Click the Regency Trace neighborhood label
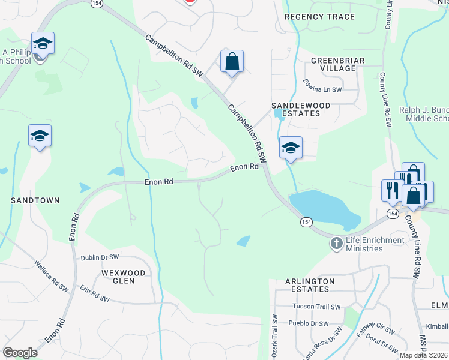pyautogui.click(x=319, y=17)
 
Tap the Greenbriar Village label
pyautogui.click(x=333, y=64)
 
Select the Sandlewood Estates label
pyautogui.click(x=301, y=109)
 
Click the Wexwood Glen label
pyautogui.click(x=124, y=277)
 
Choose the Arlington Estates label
pyautogui.click(x=310, y=285)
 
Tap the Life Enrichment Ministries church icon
pyautogui.click(x=336, y=244)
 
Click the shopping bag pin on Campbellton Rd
pyautogui.click(x=232, y=62)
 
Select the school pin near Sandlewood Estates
pyautogui.click(x=291, y=148)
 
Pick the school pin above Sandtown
pyautogui.click(x=40, y=136)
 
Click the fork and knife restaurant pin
pyautogui.click(x=390, y=190)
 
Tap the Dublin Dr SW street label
pyautogui.click(x=100, y=257)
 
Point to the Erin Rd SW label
pyautogui.click(x=95, y=293)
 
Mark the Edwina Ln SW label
pyautogui.click(x=322, y=89)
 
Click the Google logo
pyautogui.click(x=20, y=353)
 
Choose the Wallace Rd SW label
pyautogui.click(x=51, y=275)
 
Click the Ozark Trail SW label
pyautogui.click(x=274, y=336)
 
